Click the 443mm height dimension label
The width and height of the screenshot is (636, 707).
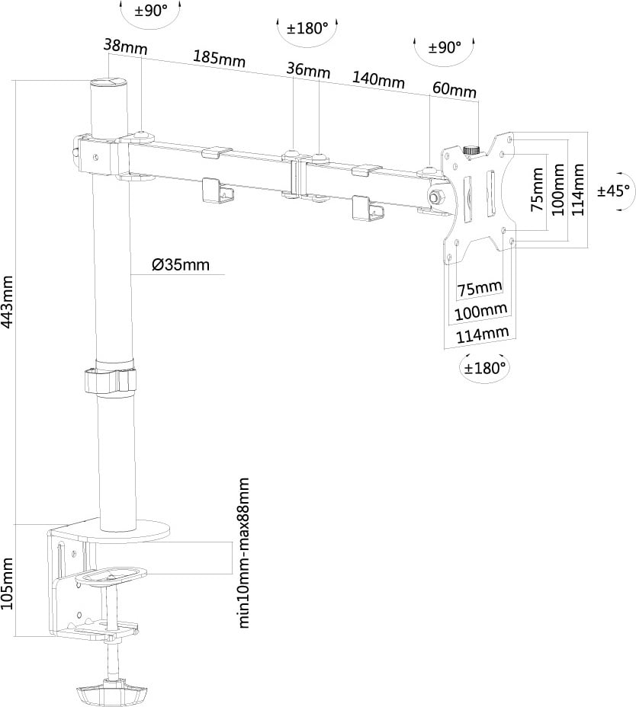(8, 300)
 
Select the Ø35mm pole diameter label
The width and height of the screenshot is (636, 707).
(180, 265)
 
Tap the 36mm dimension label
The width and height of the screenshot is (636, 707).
(308, 71)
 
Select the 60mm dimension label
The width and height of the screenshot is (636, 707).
(454, 88)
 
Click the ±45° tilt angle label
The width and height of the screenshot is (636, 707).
(614, 190)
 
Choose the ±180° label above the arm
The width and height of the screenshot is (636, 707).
(307, 29)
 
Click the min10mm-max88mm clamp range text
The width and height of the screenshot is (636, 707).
(244, 553)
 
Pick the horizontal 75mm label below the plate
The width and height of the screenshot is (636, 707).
(479, 288)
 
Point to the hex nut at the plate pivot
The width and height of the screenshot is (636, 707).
(436, 197)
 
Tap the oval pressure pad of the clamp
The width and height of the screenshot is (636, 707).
(111, 574)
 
